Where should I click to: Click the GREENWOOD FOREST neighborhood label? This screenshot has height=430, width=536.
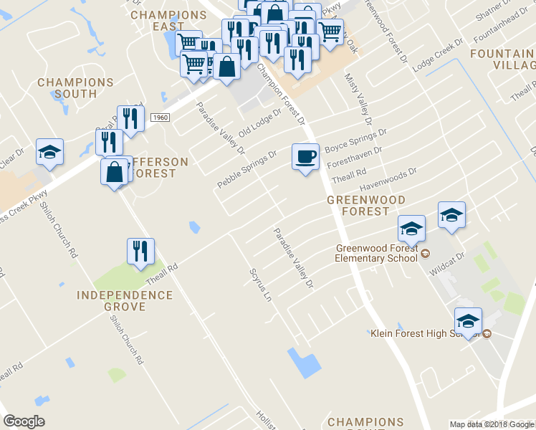coord(366,206)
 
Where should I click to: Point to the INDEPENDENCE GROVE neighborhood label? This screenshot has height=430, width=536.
coord(125,301)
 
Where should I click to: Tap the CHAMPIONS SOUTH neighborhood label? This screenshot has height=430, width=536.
coord(75,88)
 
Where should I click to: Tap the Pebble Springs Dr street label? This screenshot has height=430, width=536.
coord(247,170)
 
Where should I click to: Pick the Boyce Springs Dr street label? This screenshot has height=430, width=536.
coord(355,140)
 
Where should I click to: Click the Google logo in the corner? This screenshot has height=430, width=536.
coord(24,421)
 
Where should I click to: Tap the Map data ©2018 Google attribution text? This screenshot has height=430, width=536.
coord(492,424)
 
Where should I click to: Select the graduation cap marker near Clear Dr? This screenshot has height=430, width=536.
coord(50,152)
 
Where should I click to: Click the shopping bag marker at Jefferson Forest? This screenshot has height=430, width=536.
coord(115,172)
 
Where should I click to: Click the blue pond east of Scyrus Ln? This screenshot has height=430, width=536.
coord(303,363)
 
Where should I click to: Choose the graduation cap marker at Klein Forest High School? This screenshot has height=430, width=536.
coord(467,322)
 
